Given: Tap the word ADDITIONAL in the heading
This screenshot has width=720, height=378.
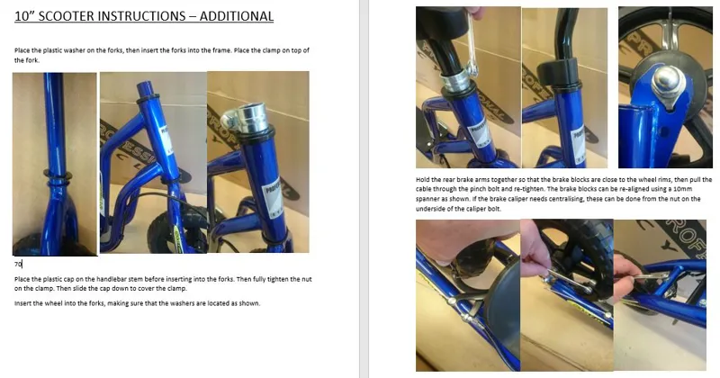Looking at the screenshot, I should pos(236,16).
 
